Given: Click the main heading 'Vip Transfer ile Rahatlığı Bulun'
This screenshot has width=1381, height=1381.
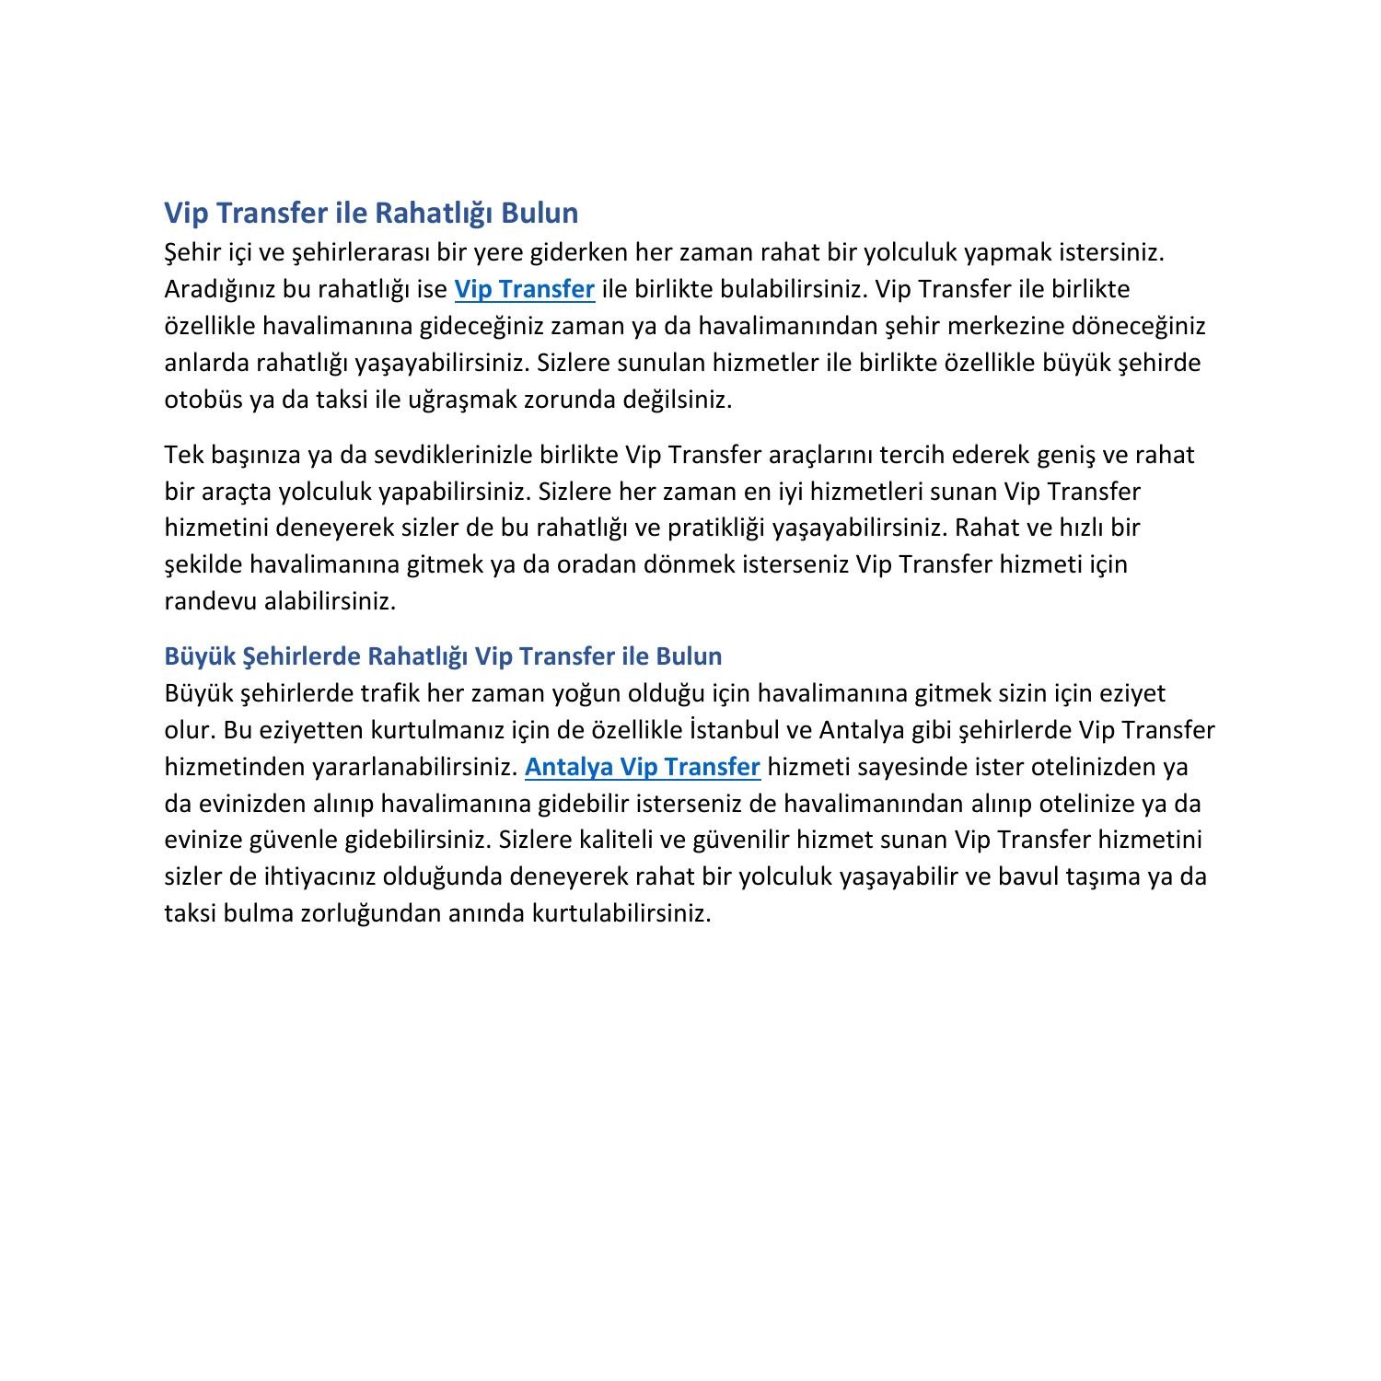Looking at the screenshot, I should point(371,213).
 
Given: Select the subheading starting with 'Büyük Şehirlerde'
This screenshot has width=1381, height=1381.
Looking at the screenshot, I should point(443,656).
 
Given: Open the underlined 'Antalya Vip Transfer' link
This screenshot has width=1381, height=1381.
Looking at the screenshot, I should point(642,767).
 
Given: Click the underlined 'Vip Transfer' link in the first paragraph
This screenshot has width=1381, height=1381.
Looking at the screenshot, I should point(525,289).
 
